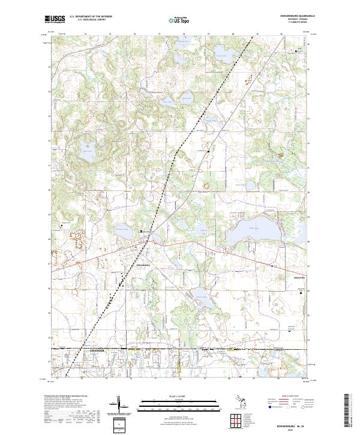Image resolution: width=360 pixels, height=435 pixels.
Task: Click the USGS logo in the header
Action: (55, 19)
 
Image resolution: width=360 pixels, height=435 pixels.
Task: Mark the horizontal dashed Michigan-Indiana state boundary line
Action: (180, 348)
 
